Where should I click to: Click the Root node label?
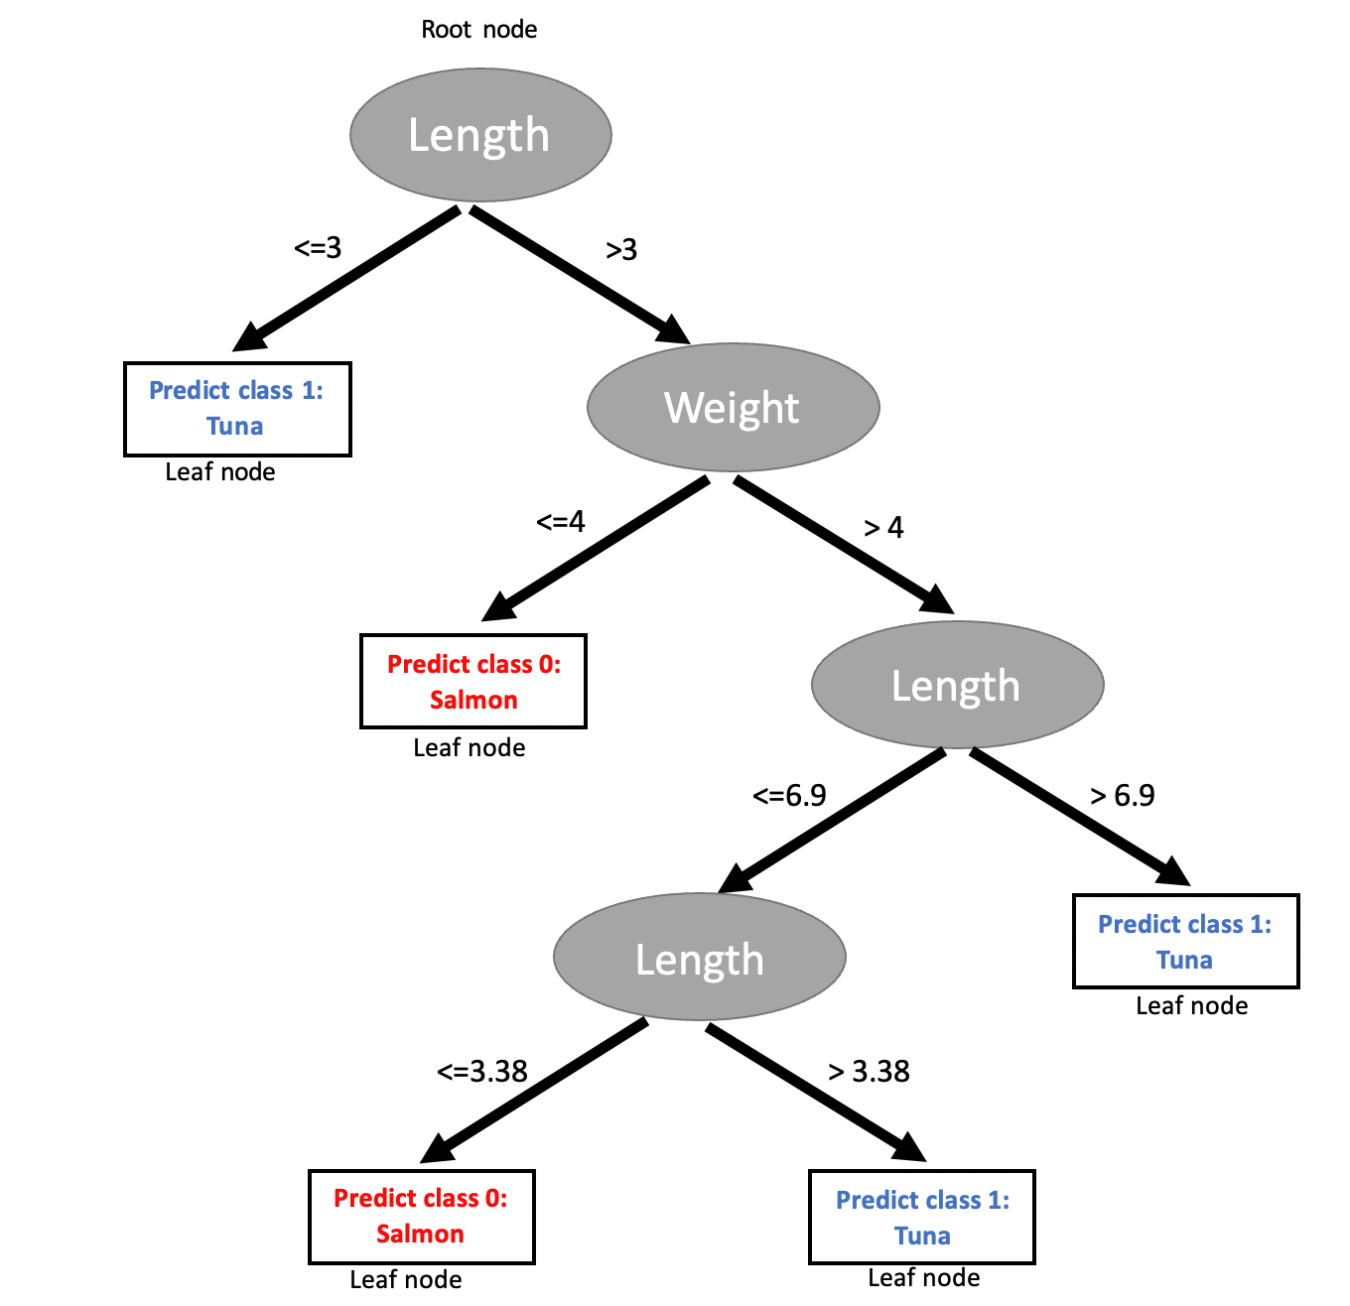pyautogui.click(x=478, y=29)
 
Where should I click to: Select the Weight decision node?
pyautogui.click(x=733, y=407)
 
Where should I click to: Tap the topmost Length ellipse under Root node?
pyautogui.click(x=480, y=135)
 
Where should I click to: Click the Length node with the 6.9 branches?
pyautogui.click(x=957, y=685)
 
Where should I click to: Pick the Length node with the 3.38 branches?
pyautogui.click(x=699, y=957)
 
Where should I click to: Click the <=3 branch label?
pyautogui.click(x=318, y=248)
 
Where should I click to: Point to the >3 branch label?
pyautogui.click(x=620, y=250)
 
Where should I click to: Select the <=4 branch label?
pyautogui.click(x=561, y=521)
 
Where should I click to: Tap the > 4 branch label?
pyautogui.click(x=883, y=528)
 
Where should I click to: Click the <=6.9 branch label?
pyautogui.click(x=789, y=795)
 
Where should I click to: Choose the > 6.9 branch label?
pyautogui.click(x=1122, y=795)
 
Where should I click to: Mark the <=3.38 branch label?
pyautogui.click(x=482, y=1071)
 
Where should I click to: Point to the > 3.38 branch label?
pyautogui.click(x=869, y=1071)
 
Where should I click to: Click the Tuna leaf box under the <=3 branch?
pyautogui.click(x=237, y=409)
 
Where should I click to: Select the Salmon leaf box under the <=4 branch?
pyautogui.click(x=473, y=681)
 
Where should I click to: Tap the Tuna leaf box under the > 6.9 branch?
pyautogui.click(x=1185, y=941)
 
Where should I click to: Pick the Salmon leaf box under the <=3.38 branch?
pyautogui.click(x=421, y=1217)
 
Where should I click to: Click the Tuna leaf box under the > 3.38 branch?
pyautogui.click(x=922, y=1218)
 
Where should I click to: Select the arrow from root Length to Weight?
pyautogui.click(x=580, y=275)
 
